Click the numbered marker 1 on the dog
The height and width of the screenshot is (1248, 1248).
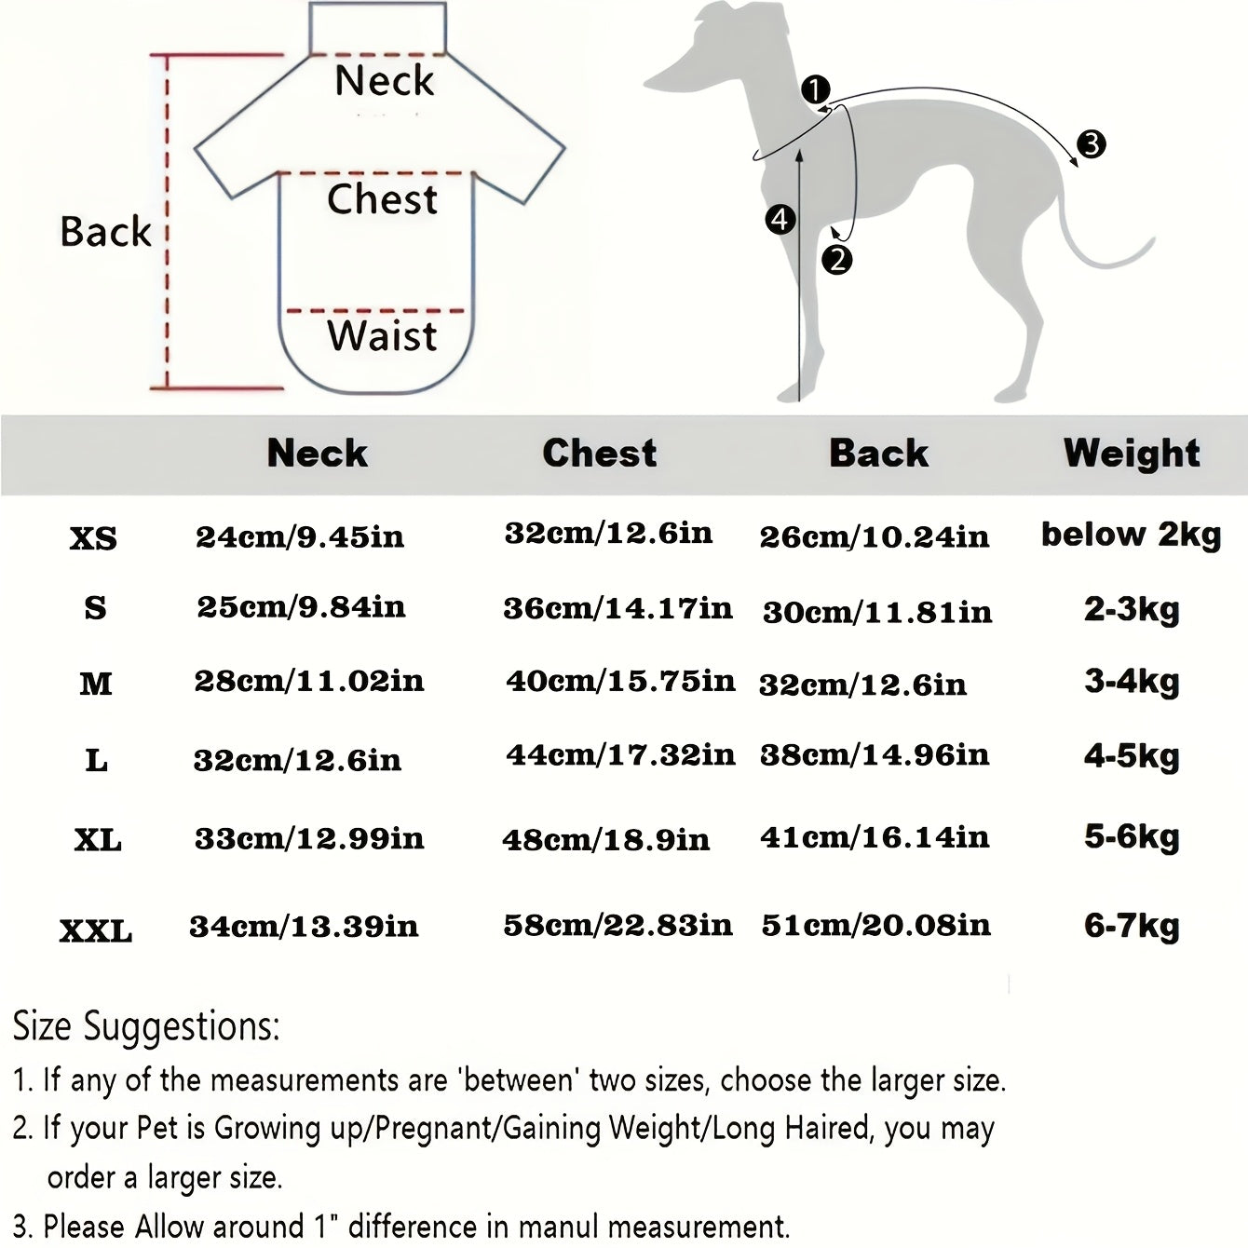coord(815,90)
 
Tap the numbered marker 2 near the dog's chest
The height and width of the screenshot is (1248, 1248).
coord(837,260)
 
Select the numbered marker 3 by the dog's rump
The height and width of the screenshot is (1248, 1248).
coord(1091,144)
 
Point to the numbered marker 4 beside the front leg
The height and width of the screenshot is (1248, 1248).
coord(780,220)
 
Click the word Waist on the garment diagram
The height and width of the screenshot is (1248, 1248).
coord(382,335)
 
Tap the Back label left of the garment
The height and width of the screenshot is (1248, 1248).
coord(105,231)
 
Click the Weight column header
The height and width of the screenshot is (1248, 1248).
coord(1132,453)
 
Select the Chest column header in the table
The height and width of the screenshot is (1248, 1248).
coord(600,453)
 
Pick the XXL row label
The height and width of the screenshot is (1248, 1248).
coord(96,930)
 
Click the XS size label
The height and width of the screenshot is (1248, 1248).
coord(93,538)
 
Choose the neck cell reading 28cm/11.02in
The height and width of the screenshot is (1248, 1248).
coord(309,681)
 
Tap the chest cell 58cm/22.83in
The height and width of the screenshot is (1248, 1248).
coord(617,925)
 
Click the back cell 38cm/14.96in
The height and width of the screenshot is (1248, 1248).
coord(875,754)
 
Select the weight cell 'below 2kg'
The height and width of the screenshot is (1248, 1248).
coord(1131,535)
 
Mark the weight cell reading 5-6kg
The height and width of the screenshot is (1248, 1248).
coord(1132,836)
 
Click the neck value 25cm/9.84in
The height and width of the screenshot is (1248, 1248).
coord(301,607)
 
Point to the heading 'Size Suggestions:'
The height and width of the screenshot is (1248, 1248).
coord(146,1026)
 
